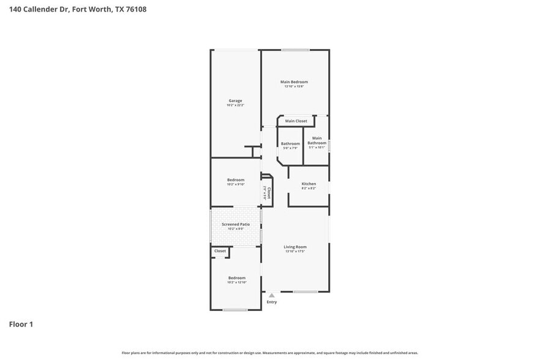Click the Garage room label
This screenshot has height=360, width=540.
[x=235, y=100]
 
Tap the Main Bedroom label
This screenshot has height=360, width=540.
[x=294, y=81]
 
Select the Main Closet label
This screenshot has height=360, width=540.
[x=296, y=121]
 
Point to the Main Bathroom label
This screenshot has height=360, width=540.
[x=317, y=140]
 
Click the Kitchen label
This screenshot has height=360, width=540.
[x=309, y=184]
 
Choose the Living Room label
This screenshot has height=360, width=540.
[x=294, y=247]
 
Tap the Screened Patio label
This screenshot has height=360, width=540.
[x=236, y=224]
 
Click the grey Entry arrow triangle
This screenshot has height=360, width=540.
[x=272, y=295]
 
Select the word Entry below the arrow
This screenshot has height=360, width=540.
[x=272, y=302]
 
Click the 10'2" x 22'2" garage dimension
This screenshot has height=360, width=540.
[x=235, y=105]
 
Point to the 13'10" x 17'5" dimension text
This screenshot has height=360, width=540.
[x=294, y=252]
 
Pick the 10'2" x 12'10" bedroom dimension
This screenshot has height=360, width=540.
[x=236, y=282]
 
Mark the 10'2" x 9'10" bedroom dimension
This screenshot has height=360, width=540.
[x=236, y=184]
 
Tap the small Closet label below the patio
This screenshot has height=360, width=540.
[x=220, y=251]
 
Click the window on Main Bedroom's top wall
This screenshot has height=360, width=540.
[x=294, y=50]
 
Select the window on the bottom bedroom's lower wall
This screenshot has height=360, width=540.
[x=235, y=310]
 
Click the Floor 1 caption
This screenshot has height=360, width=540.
[x=21, y=324]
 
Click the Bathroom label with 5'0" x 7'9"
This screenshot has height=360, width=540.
[x=290, y=143]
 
